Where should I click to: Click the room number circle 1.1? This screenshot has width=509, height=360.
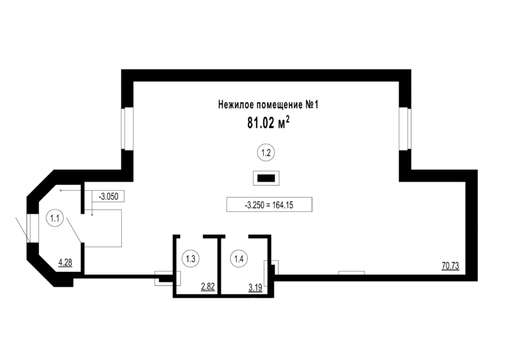(x=55, y=218)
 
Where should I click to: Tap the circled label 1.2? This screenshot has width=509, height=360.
(x=266, y=152)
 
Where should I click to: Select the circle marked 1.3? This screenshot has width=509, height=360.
(x=191, y=259)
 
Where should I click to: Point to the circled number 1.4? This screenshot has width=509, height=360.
(x=239, y=259)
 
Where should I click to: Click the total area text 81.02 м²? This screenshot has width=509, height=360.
(x=268, y=123)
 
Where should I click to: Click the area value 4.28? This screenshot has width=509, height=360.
(x=65, y=262)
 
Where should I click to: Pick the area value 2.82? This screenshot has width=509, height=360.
(x=207, y=286)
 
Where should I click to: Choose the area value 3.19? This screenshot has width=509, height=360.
(x=255, y=287)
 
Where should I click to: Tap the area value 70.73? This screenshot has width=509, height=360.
(x=450, y=266)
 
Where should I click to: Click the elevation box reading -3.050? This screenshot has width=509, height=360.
(x=109, y=196)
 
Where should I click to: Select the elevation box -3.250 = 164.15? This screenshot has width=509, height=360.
(x=269, y=205)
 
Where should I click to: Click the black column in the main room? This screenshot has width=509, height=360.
(x=266, y=178)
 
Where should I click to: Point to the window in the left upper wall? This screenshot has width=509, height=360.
(x=127, y=129)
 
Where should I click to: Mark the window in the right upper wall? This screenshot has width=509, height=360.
(x=405, y=129)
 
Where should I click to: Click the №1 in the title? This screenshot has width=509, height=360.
(x=312, y=105)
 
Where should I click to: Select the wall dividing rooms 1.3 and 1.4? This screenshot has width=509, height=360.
(x=219, y=266)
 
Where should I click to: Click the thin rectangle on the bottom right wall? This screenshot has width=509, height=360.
(x=351, y=272)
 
